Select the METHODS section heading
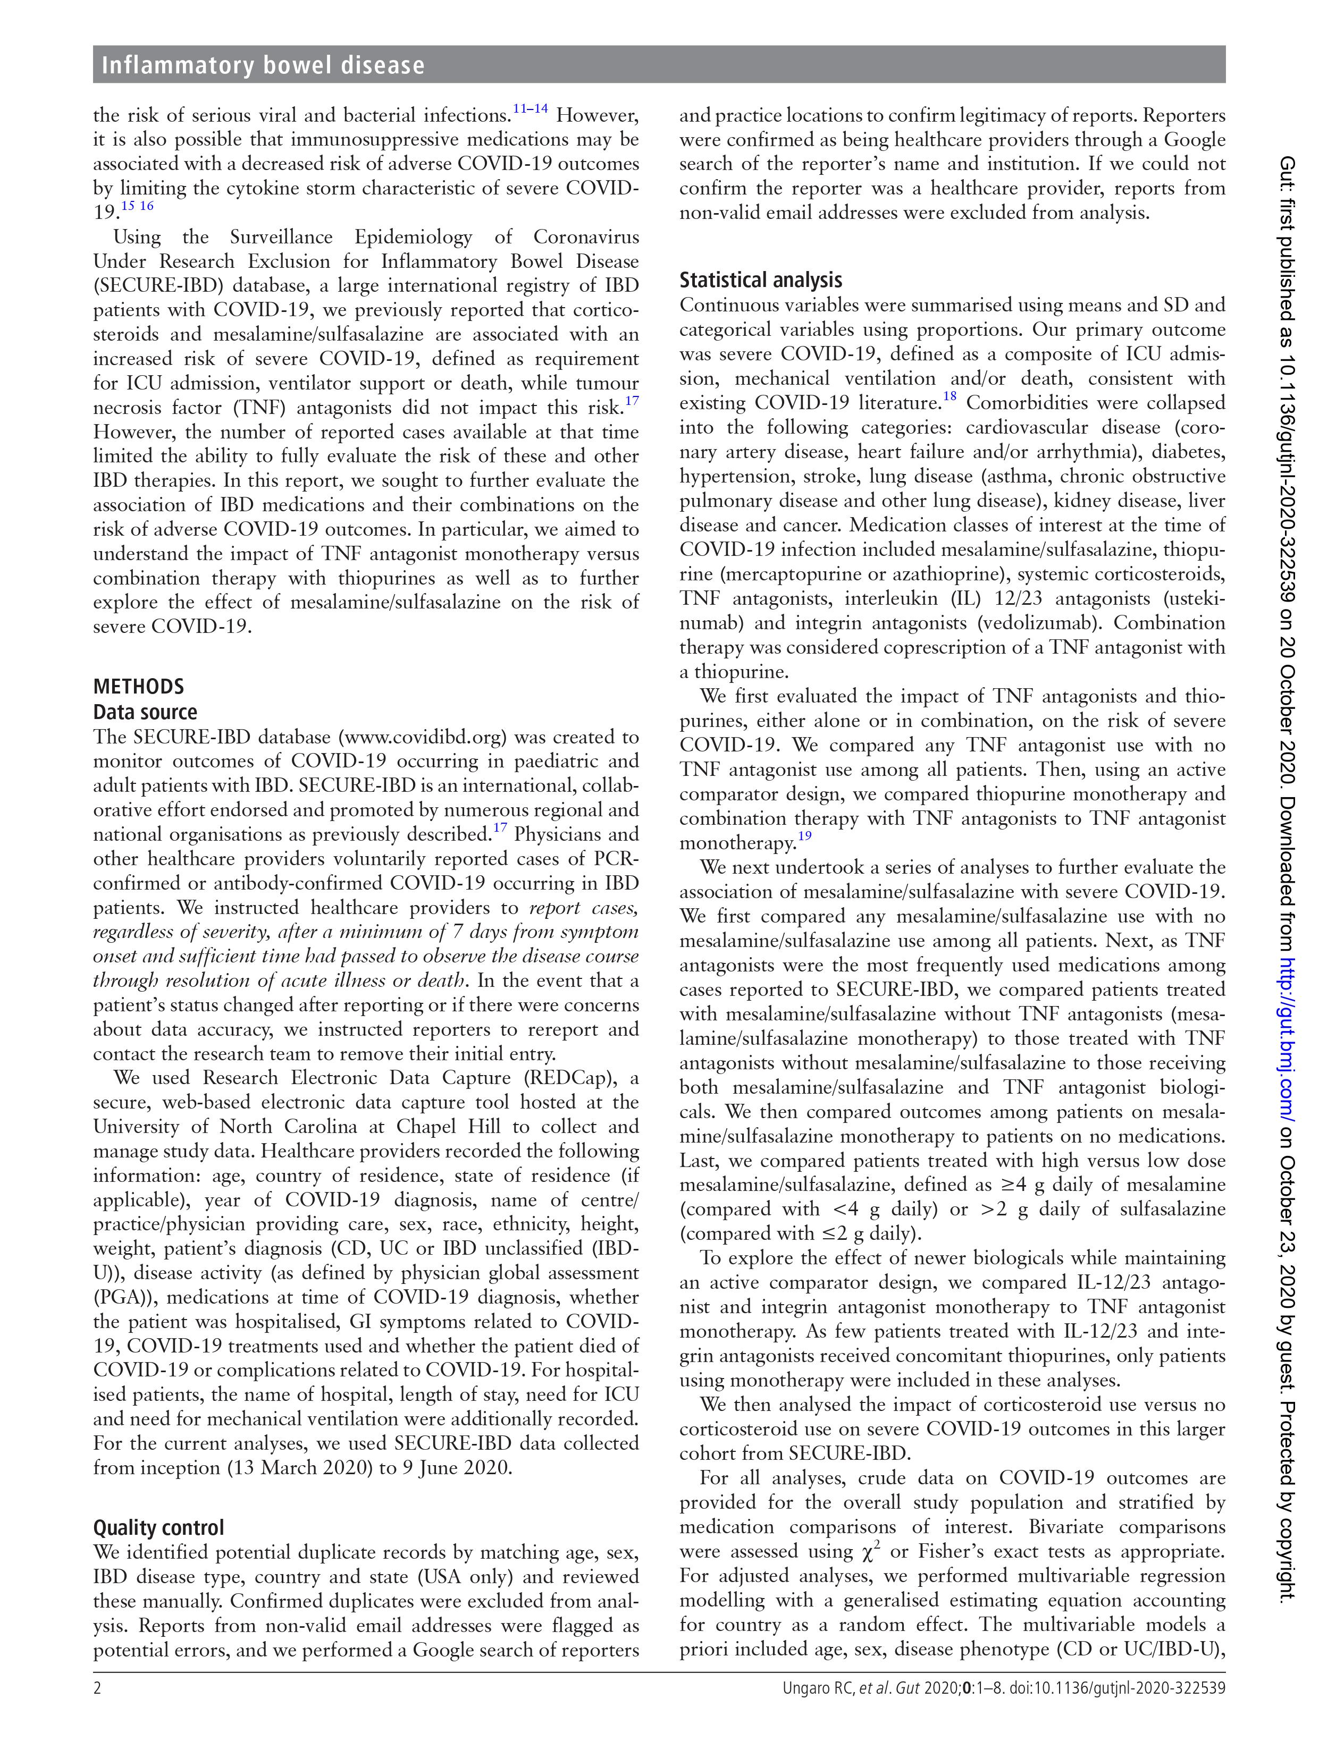tap(138, 687)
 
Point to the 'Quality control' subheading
tap(158, 1527)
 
